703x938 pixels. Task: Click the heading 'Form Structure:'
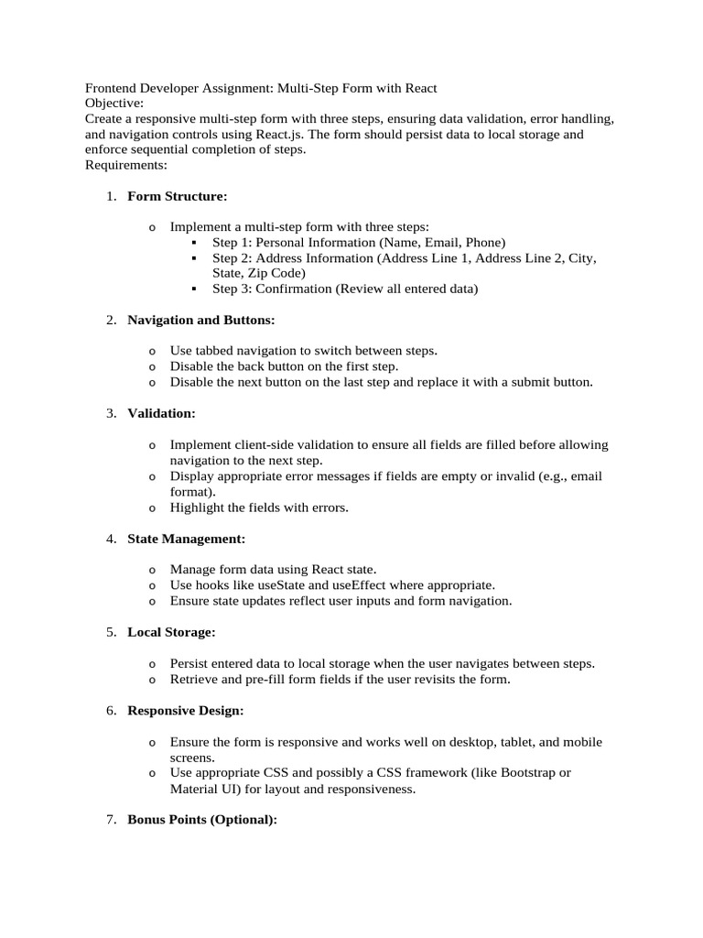[177, 196]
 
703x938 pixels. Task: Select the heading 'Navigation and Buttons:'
[200, 320]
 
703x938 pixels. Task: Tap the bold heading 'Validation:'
[161, 413]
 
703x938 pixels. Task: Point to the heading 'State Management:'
[186, 539]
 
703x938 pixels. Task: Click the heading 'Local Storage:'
[171, 632]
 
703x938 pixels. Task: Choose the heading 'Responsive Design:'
[185, 710]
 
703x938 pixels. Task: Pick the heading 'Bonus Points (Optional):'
[201, 819]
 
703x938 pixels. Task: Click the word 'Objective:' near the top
[114, 104]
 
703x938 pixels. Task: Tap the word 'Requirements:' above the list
[126, 165]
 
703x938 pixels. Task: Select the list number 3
[111, 413]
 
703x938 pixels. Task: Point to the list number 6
[111, 710]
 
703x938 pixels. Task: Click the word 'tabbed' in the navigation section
[216, 351]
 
